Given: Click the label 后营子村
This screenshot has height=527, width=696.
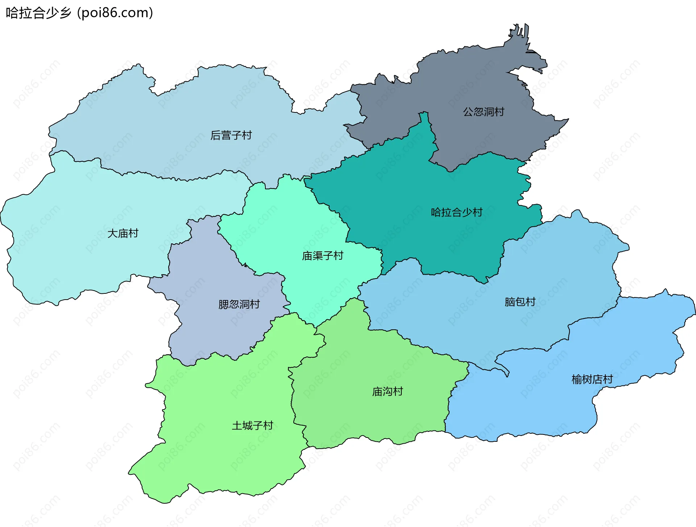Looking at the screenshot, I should click(231, 135).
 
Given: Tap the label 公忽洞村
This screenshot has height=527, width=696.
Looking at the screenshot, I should click(484, 112).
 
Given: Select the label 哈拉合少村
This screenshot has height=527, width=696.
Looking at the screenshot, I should click(456, 212).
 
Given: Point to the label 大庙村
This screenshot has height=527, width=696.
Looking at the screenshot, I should click(123, 233).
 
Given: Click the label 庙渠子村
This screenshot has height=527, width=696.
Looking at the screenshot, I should click(322, 256).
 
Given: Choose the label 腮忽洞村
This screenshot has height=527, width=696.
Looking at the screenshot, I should click(239, 304).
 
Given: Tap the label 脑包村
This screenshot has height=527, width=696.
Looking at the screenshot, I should click(520, 302).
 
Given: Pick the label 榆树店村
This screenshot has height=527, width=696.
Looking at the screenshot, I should click(592, 379).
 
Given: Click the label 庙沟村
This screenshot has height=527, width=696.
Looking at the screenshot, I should click(388, 391).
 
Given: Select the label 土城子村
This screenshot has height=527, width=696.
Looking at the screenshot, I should click(252, 425).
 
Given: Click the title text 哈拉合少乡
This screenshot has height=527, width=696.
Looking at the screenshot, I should click(38, 13).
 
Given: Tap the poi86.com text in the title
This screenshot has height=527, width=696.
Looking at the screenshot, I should click(115, 13).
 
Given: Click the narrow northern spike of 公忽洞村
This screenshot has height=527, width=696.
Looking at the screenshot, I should click(522, 36).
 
